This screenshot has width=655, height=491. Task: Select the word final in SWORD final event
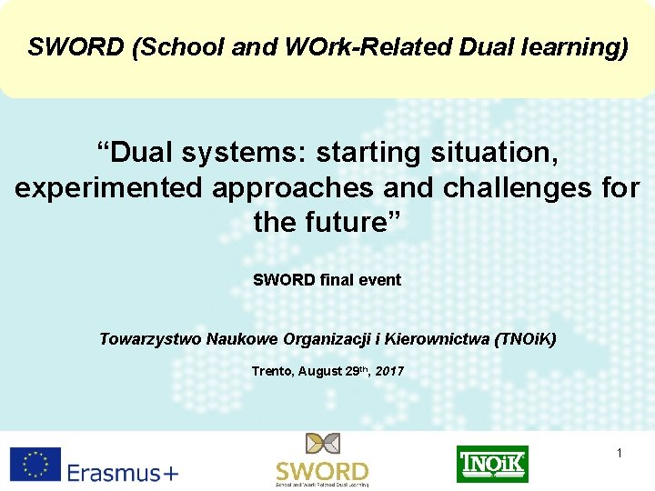pyautogui.click(x=337, y=280)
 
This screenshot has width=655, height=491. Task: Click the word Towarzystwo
pyautogui.click(x=150, y=339)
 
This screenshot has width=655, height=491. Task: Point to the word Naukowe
pyautogui.click(x=237, y=339)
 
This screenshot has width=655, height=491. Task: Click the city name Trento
pyautogui.click(x=271, y=371)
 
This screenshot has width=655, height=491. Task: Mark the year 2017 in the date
pyautogui.click(x=388, y=371)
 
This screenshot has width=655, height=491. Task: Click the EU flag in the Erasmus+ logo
pyautogui.click(x=35, y=464)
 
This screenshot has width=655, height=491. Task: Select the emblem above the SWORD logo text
pyautogui.click(x=321, y=446)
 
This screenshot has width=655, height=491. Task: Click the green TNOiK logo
pyautogui.click(x=492, y=464)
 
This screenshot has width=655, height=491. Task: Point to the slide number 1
pyautogui.click(x=620, y=452)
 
